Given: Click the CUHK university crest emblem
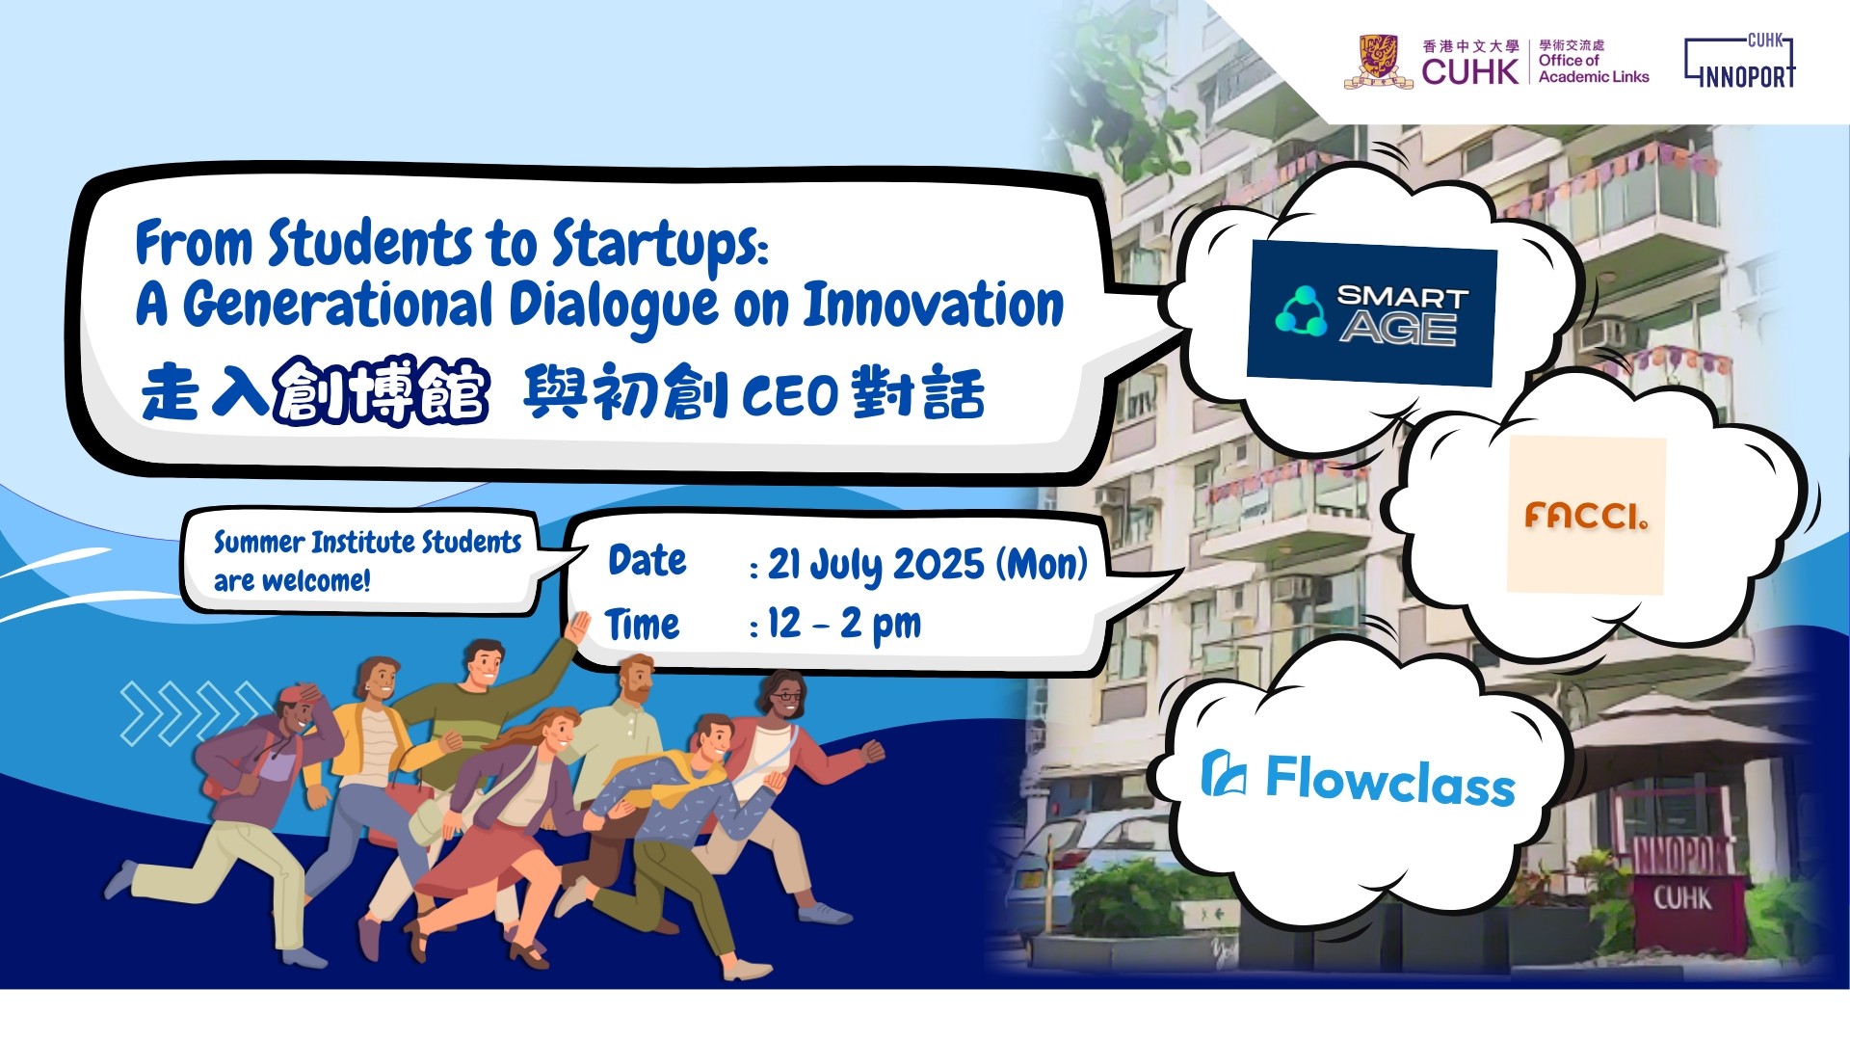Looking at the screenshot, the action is pyautogui.click(x=1378, y=61).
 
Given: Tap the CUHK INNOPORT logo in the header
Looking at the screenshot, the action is pyautogui.click(x=1740, y=61).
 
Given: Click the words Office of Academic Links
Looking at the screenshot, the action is pyautogui.click(x=1594, y=68).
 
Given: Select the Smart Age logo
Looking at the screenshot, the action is pyautogui.click(x=1371, y=313).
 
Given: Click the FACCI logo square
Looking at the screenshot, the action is pyautogui.click(x=1586, y=515).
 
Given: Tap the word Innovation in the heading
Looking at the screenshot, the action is pyautogui.click(x=934, y=306).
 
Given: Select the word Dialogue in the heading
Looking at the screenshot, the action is pyautogui.click(x=614, y=307).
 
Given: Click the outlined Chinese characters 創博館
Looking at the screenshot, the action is pyautogui.click(x=382, y=391).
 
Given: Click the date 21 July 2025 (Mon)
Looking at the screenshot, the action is pyautogui.click(x=927, y=565).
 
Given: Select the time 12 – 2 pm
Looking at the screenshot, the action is pyautogui.click(x=844, y=625).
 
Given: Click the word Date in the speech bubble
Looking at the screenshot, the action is pyautogui.click(x=647, y=560).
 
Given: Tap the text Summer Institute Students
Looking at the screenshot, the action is pyautogui.click(x=367, y=543).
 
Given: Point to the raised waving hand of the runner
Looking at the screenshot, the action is pyautogui.click(x=578, y=627).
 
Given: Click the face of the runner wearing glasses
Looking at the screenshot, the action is pyautogui.click(x=784, y=694).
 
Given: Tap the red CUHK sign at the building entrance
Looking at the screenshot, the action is pyautogui.click(x=1682, y=898).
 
